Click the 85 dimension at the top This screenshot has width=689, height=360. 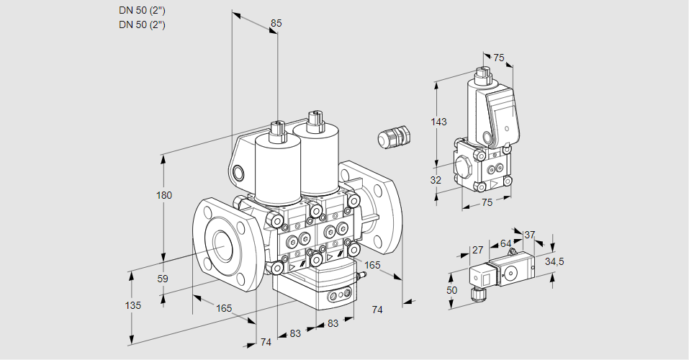pyautogui.click(x=276, y=23)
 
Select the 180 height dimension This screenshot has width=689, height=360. pyautogui.click(x=165, y=196)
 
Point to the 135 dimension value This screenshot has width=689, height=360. pyautogui.click(x=132, y=305)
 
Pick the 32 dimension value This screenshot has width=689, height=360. pyautogui.click(x=436, y=180)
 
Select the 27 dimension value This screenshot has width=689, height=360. pyautogui.click(x=477, y=251)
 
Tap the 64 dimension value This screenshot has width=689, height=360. pyautogui.click(x=505, y=243)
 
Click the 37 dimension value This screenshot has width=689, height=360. pyautogui.click(x=529, y=235)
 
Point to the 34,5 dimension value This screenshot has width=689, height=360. pyautogui.click(x=554, y=261)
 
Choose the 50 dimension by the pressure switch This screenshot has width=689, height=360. pyautogui.click(x=451, y=289)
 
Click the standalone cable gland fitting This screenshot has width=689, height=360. pyautogui.click(x=393, y=136)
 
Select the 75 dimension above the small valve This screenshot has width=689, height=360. pyautogui.click(x=498, y=58)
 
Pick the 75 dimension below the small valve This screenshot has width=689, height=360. pyautogui.click(x=487, y=203)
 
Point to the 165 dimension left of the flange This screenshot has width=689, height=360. pyautogui.click(x=224, y=308)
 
